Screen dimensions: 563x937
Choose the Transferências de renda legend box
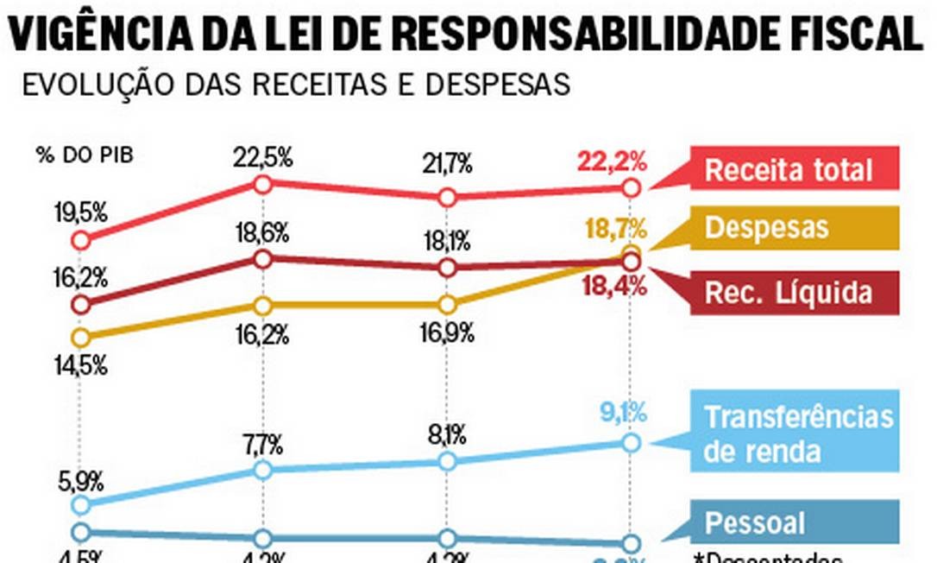tap(799, 433)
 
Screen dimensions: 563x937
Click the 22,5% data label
tap(262, 158)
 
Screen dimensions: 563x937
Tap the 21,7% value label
tap(447, 163)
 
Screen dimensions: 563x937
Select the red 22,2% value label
tap(614, 161)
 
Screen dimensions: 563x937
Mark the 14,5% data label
tap(79, 365)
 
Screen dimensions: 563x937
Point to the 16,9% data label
tap(447, 333)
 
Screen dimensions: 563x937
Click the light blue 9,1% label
tap(621, 414)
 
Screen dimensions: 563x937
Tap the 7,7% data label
tap(262, 446)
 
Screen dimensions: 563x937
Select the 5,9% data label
tap(79, 478)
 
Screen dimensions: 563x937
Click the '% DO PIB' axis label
tap(85, 155)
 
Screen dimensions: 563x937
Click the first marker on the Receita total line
tap(81, 240)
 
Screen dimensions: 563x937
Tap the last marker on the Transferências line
tap(631, 443)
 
